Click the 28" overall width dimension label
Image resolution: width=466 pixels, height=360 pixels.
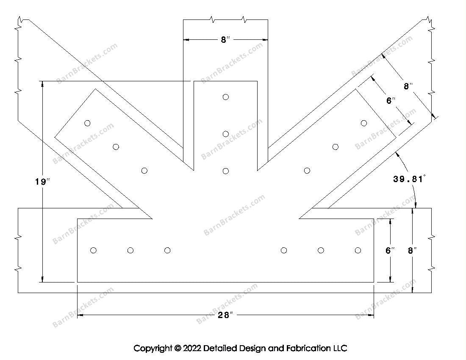point(225,315)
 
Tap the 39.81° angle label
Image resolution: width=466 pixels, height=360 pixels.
point(409,179)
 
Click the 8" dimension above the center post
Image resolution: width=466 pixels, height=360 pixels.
point(225,40)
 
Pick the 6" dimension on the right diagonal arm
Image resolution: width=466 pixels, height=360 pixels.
point(391,101)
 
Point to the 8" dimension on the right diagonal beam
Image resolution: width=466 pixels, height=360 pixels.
point(408,86)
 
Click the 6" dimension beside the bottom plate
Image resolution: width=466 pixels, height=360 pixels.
point(390,250)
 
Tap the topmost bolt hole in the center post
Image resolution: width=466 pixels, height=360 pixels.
point(226,97)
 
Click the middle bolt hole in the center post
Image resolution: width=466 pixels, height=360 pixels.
point(226,134)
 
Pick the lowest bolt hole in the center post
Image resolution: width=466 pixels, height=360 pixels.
point(226,171)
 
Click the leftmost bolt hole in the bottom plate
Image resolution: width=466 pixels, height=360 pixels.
point(93,250)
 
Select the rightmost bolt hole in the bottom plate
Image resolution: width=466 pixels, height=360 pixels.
point(358,250)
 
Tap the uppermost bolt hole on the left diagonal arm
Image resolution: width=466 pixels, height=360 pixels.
point(87,123)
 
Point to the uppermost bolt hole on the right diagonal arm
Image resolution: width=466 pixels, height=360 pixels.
point(363,123)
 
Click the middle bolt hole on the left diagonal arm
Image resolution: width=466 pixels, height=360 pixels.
point(116,147)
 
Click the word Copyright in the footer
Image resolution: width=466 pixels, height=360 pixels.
point(153,348)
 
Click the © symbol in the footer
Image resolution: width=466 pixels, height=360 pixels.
point(178,348)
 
